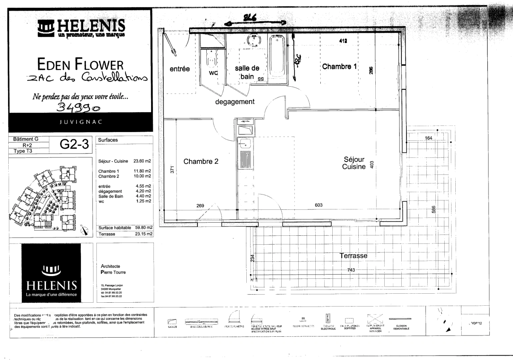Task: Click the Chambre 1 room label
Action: coord(339,67)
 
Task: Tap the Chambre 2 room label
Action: coord(201,162)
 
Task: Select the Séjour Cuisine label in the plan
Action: coord(354,163)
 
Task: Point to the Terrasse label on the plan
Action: coord(353,256)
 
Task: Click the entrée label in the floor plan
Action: coord(180,69)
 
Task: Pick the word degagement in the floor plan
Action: coord(235,102)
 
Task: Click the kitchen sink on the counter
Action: coord(245,144)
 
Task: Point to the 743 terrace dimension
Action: coord(351,270)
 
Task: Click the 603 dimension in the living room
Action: coord(318,205)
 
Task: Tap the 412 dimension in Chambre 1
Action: coord(343,41)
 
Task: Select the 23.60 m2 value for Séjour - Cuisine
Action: coord(142,161)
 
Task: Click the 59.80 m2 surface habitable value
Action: coord(144,228)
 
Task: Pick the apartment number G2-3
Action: coord(74,144)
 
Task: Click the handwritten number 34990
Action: coord(78,107)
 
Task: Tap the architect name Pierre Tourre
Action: coord(113,272)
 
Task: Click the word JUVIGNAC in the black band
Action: coord(80,122)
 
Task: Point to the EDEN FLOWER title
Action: coord(80,64)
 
